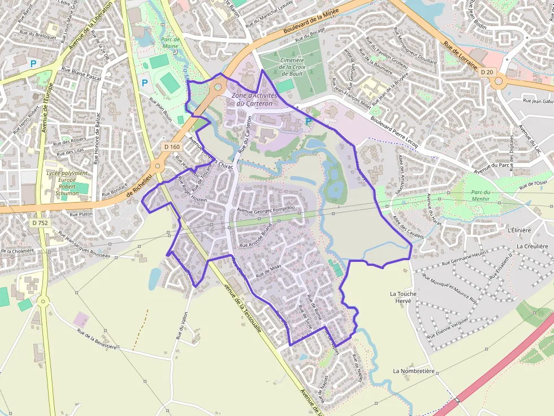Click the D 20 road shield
tap(486, 72)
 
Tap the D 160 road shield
tap(172, 147)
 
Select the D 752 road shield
tap(40, 223)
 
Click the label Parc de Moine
tap(170, 43)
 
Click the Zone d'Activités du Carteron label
tap(254, 99)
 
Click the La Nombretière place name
tap(414, 371)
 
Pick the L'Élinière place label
tap(519, 230)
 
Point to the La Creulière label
tap(533, 246)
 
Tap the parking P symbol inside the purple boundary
tap(308, 121)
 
